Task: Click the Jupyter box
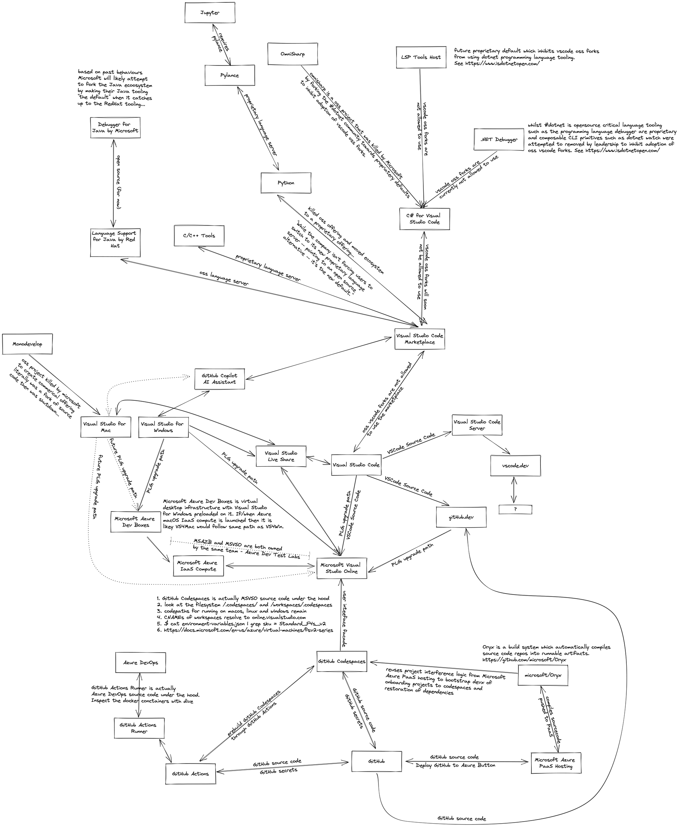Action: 210,13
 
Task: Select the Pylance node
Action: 230,75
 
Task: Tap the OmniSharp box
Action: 293,54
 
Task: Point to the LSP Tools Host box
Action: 421,57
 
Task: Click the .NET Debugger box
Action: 499,139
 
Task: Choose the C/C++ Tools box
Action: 199,236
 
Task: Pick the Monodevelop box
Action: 27,344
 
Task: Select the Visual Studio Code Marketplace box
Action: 420,339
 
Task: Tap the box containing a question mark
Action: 515,509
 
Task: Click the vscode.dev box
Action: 515,466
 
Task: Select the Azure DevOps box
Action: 141,662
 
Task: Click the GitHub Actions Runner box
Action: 139,728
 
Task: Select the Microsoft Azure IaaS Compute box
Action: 198,566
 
